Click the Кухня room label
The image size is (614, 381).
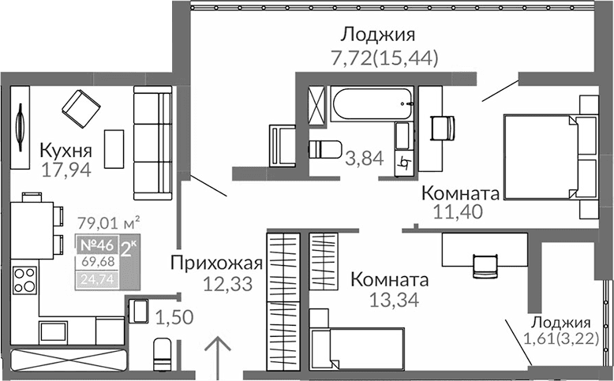coord(66,151)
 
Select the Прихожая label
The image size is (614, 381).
coord(216,263)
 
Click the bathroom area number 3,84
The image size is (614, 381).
coord(364,159)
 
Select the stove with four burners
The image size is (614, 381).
coord(24,281)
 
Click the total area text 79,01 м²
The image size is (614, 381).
coord(110,222)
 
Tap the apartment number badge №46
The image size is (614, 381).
coord(95,244)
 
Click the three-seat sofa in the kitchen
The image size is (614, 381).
coord(152,146)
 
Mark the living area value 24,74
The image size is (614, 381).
coord(98,278)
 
